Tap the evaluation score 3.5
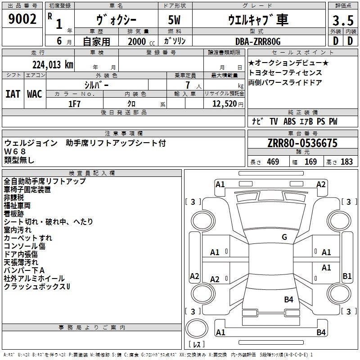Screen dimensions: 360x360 pyautogui.click(x=342, y=21)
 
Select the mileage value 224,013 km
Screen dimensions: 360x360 pyautogui.click(x=53, y=64)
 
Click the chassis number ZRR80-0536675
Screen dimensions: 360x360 pyautogui.click(x=302, y=144)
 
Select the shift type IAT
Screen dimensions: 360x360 pyautogui.click(x=13, y=94)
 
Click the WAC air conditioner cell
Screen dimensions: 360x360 pyautogui.click(x=35, y=94)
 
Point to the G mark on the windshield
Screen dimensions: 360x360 pyautogui.click(x=284, y=237)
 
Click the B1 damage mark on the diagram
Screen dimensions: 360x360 pyautogui.click(x=347, y=276)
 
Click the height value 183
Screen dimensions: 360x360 pyautogui.click(x=346, y=162)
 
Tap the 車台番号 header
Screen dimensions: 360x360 pyautogui.click(x=302, y=134)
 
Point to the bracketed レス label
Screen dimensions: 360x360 pyautogui.click(x=196, y=345)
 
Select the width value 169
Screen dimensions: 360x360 pyautogui.click(x=310, y=162)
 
